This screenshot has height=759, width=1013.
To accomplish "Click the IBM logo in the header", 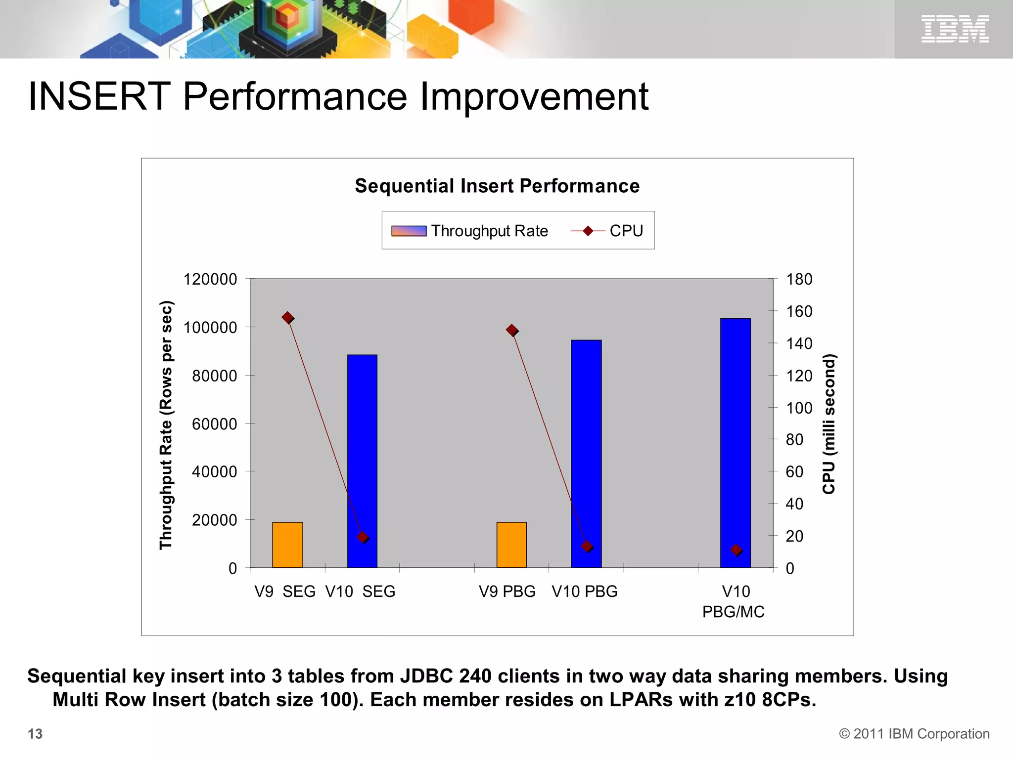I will (955, 29).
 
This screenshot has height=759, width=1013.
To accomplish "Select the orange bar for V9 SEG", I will (287, 545).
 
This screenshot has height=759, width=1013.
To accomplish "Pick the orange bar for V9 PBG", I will (511, 545).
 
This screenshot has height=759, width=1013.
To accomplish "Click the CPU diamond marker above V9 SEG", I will (288, 318).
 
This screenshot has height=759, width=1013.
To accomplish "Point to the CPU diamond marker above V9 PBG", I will (512, 330).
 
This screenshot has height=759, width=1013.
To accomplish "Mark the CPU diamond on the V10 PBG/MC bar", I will (736, 550).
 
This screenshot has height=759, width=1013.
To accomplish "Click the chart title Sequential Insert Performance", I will (497, 186).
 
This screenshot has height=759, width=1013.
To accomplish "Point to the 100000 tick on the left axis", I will (210, 327).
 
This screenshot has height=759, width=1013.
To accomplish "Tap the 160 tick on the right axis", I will (799, 311).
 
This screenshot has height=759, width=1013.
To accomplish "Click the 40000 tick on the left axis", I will (214, 471).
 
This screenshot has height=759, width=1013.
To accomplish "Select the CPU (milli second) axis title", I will (829, 424).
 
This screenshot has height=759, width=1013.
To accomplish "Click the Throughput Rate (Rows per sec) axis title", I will (166, 425).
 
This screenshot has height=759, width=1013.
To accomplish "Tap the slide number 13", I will (35, 734).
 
